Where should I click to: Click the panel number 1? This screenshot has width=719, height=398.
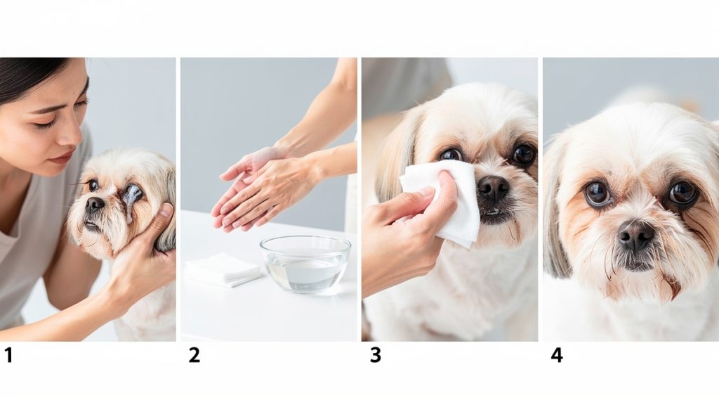coord(8,356)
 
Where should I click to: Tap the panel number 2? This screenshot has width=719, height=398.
coord(194,356)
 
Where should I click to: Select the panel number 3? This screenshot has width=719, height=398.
coord(376,356)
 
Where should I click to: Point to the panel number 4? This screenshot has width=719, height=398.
coord(556,356)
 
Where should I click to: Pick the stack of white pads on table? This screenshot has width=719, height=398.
coord(222,269)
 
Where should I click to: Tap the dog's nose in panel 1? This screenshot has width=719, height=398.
coord(95,205)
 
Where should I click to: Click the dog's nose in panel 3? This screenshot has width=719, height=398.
coord(493,188)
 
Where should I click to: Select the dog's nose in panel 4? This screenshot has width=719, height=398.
coord(636,235)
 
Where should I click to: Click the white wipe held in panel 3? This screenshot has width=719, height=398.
coord(449,200)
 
